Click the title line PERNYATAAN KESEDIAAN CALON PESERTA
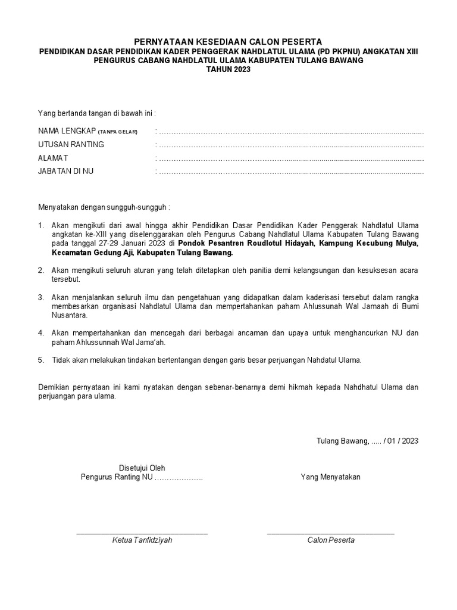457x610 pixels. (228, 42)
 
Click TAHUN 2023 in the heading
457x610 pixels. (228, 69)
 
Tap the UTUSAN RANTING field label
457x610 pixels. (71, 144)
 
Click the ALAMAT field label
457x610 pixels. (53, 158)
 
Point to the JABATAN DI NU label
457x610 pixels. (65, 171)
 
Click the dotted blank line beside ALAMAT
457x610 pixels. (290, 158)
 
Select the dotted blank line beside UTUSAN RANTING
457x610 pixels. (290, 145)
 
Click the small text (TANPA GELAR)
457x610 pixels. (118, 132)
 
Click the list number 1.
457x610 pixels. (41, 226)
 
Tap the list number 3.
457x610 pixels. (41, 297)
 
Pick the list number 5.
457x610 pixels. (41, 360)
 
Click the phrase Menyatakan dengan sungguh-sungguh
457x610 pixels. (104, 207)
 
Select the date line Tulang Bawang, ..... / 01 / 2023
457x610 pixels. (367, 441)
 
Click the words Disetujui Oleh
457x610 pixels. (142, 468)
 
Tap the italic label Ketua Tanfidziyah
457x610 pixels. (142, 540)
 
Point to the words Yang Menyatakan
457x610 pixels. (330, 477)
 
